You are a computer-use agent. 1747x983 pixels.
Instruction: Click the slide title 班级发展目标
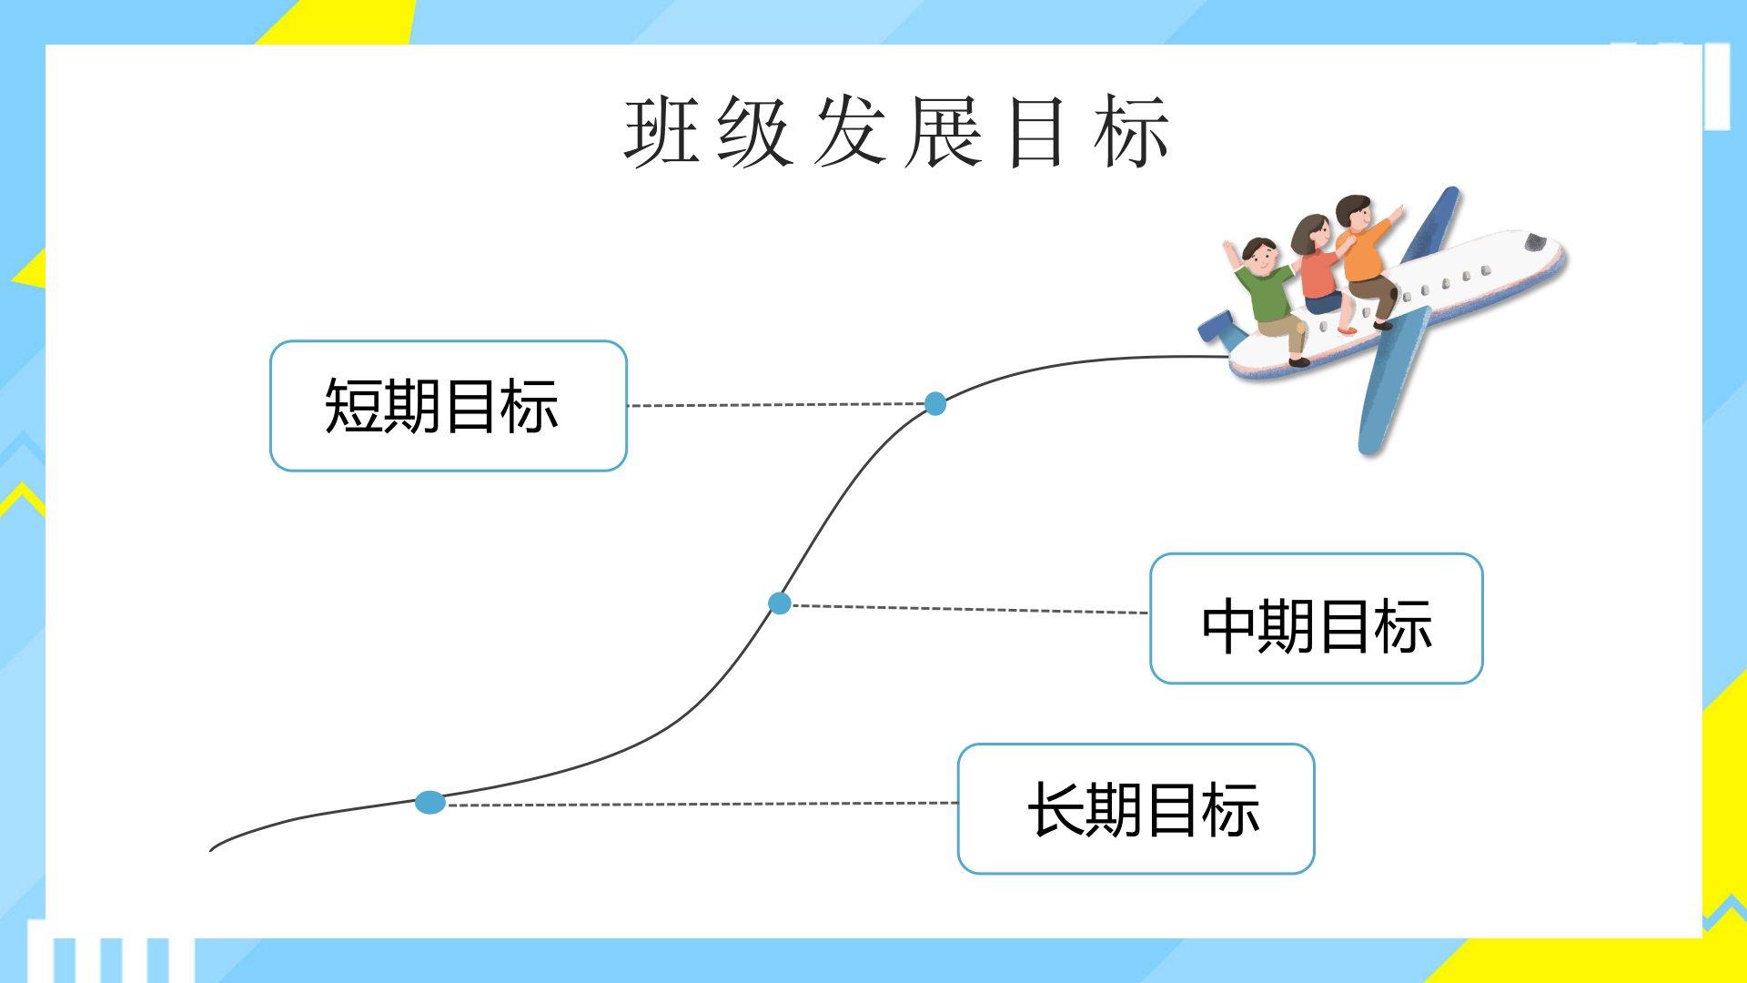click(897, 132)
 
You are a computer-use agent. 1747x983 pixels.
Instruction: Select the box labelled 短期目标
click(449, 406)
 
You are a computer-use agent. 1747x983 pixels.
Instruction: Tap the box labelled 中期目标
click(1317, 618)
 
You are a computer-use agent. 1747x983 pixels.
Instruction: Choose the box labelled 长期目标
click(1136, 808)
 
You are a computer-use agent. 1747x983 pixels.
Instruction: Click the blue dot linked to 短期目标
click(935, 403)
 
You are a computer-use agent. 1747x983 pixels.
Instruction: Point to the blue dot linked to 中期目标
click(780, 603)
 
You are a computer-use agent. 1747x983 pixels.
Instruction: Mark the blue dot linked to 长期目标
click(430, 803)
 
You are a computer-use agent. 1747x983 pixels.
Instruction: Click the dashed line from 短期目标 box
click(776, 404)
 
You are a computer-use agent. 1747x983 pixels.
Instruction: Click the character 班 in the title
click(662, 132)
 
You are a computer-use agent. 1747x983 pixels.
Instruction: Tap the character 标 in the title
click(1133, 132)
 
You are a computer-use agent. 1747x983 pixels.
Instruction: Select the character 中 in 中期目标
click(1229, 625)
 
